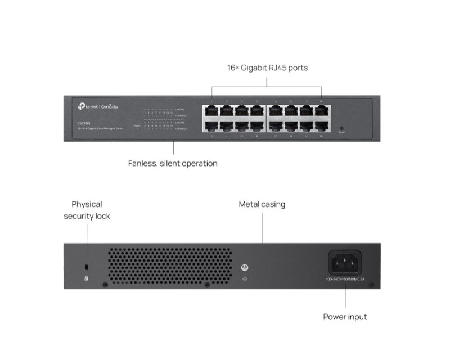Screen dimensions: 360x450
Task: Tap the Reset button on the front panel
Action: [x=341, y=129]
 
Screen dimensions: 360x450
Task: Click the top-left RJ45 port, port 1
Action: [x=211, y=110]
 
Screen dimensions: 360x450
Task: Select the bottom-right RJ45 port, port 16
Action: [x=322, y=125]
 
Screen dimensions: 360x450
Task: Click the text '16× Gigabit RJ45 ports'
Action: [x=267, y=67]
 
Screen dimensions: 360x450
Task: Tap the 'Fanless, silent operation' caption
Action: [x=173, y=164]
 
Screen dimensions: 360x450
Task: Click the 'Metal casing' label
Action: [x=262, y=204]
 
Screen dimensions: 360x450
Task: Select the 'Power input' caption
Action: [x=345, y=317]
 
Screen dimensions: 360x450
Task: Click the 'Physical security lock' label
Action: [x=87, y=210]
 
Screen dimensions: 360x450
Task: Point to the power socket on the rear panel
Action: [x=345, y=263]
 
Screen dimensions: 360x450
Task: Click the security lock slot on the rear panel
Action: [x=86, y=265]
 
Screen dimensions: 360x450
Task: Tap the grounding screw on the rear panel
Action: [x=244, y=268]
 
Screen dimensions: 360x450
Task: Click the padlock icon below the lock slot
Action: [x=86, y=277]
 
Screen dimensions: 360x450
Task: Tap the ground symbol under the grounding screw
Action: [x=244, y=278]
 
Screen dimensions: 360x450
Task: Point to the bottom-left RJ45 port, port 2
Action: [x=211, y=125]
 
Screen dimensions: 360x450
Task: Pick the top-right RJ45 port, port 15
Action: [x=322, y=110]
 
